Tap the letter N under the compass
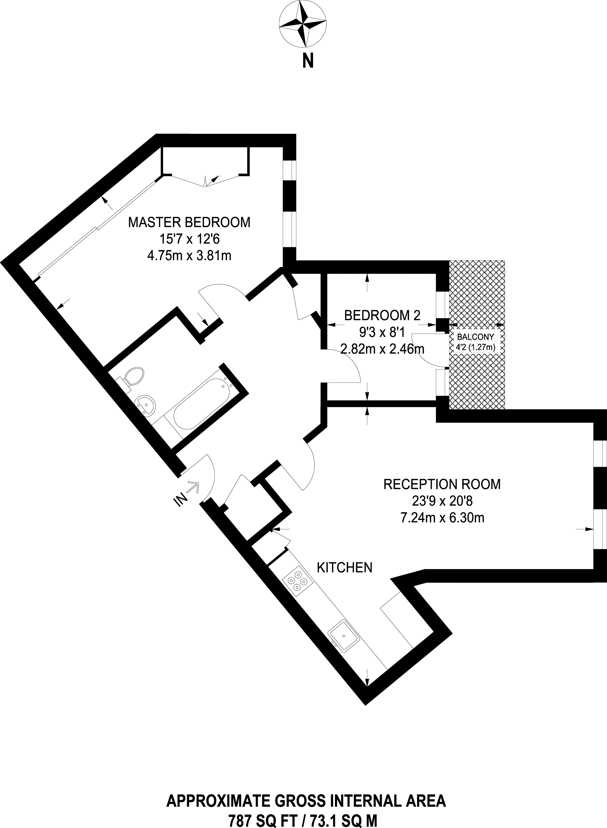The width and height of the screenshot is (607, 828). pyautogui.click(x=308, y=61)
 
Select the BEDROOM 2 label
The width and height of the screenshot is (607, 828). pyautogui.click(x=382, y=315)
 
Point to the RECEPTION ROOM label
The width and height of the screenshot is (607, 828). pyautogui.click(x=442, y=484)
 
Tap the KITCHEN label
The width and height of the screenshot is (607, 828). pyautogui.click(x=345, y=568)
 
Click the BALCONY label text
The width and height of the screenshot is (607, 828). pyautogui.click(x=475, y=337)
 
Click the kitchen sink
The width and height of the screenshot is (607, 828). pyautogui.click(x=344, y=636)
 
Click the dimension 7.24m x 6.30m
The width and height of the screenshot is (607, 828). pyautogui.click(x=442, y=518)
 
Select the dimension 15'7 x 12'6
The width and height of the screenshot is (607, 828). pyautogui.click(x=189, y=239)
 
